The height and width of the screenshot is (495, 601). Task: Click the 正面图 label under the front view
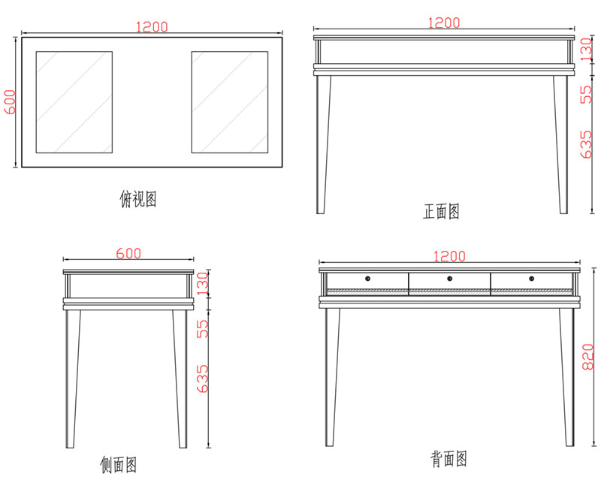[x=441, y=212]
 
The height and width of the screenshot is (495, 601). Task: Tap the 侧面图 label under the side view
[x=119, y=465]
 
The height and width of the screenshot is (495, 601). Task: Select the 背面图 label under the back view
[x=449, y=457]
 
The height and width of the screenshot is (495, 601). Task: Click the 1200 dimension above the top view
[x=151, y=27]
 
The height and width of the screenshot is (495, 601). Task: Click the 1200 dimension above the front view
[x=443, y=23]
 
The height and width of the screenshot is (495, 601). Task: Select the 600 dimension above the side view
[x=128, y=254]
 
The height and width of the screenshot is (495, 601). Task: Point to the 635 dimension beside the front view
[x=588, y=142]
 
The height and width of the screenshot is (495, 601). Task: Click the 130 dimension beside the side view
[x=202, y=283]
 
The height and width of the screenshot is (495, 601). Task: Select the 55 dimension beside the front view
[x=588, y=93]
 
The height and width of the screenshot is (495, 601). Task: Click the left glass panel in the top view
[x=74, y=102]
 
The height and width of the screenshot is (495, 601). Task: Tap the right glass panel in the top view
[x=229, y=102]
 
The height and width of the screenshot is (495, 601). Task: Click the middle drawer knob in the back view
[x=449, y=279]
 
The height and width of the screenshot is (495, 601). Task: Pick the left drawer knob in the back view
[x=368, y=279]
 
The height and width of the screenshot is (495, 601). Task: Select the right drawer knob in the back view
[x=530, y=279]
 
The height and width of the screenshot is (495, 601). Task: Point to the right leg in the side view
[x=180, y=376]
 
